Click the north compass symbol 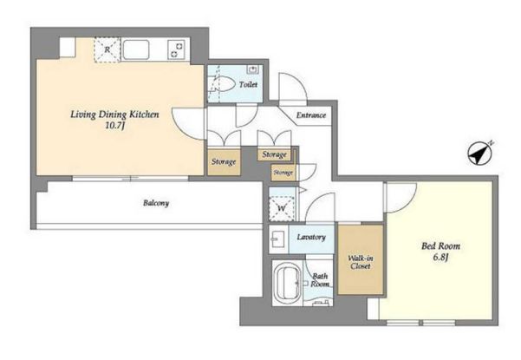pos(479,154)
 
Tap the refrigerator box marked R pos(107,49)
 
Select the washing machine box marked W pos(282,208)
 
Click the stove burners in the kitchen pos(176,49)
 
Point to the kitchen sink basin pos(135,49)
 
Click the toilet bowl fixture pos(222,84)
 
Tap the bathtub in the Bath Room pos(288,283)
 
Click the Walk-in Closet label pos(361,262)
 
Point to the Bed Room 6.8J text pos(441,251)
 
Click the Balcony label pos(156,202)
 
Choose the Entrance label pos(311,115)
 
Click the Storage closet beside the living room pos(224,162)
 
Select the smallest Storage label pos(283,173)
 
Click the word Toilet pos(248,84)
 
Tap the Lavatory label pos(311,237)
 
